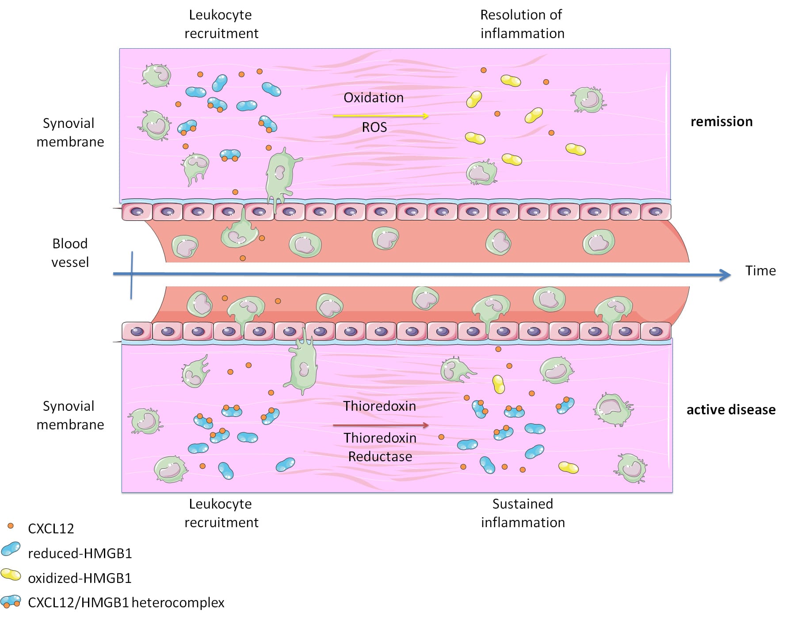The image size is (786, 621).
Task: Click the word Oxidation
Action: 374,97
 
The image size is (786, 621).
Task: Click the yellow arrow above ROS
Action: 380,116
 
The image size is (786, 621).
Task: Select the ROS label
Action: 374,127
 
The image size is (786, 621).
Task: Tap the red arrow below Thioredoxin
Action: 380,425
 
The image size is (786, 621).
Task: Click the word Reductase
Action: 380,456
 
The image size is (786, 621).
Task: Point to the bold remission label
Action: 721,121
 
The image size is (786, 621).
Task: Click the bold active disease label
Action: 730,409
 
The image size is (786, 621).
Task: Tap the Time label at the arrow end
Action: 760,270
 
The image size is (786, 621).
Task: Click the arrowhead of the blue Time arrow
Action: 725,275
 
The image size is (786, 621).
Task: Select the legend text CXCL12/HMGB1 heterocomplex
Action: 126,602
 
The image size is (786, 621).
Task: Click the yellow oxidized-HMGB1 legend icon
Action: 11,575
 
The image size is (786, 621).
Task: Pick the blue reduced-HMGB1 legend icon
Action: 11,549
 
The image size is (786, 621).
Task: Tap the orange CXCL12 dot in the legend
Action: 11,526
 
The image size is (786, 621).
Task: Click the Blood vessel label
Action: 70,253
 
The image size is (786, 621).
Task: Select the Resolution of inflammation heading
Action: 522,24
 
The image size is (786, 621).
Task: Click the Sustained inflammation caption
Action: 523,513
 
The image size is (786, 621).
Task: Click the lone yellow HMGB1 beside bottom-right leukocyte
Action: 569,467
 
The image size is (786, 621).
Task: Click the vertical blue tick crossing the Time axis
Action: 132,274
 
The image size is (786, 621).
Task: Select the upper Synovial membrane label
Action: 70,132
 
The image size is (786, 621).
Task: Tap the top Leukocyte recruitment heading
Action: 221,24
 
